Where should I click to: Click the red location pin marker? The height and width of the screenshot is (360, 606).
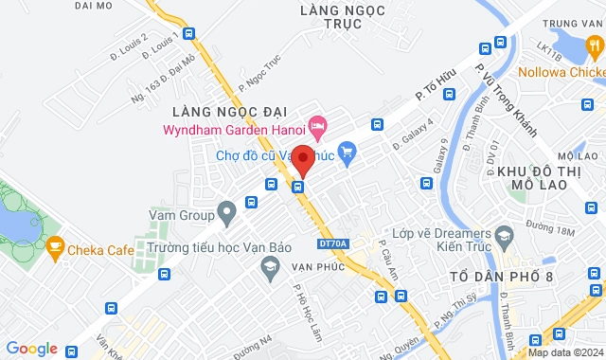(x=302, y=158)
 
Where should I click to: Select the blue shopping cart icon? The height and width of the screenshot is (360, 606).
(x=347, y=151)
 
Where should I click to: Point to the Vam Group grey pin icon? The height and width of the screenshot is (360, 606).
(x=225, y=210)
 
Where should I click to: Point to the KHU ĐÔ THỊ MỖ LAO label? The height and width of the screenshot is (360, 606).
(x=540, y=174)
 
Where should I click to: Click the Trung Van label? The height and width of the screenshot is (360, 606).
(x=572, y=23)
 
